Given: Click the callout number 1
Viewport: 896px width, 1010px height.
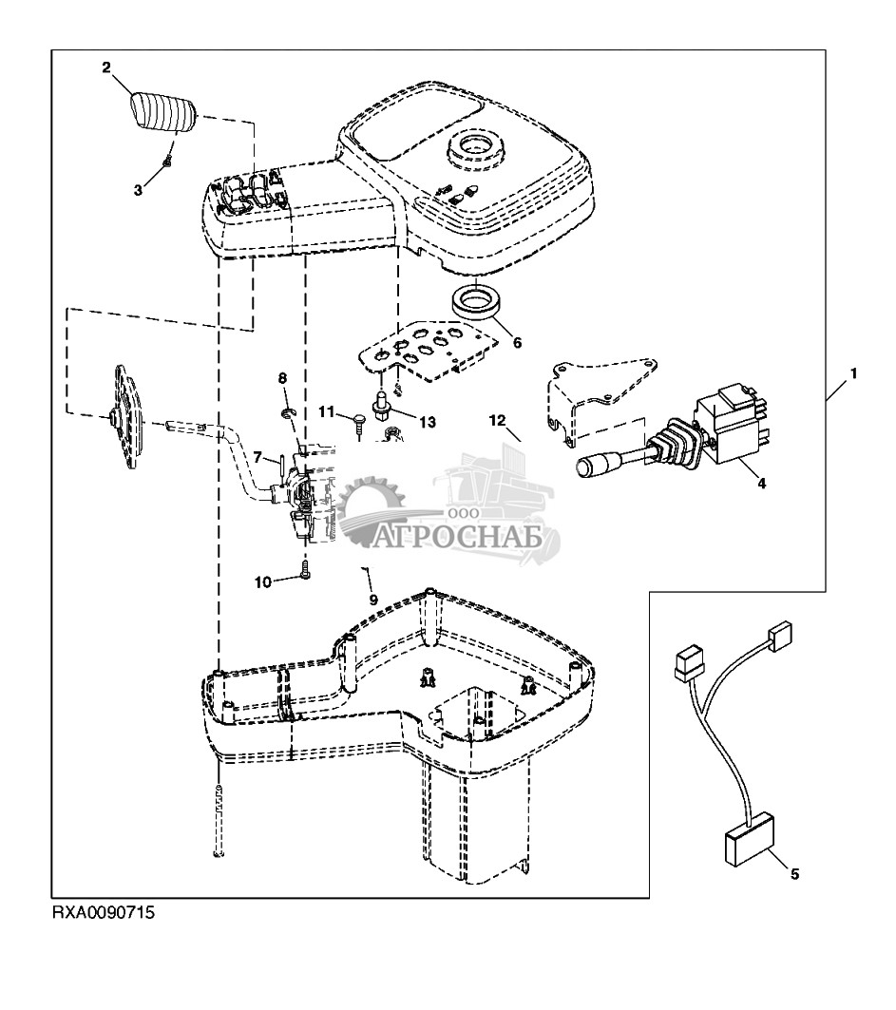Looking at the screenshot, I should (x=853, y=373).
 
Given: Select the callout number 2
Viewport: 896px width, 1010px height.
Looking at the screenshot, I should (x=106, y=67).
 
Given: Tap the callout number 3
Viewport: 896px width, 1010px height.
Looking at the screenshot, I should (x=139, y=190).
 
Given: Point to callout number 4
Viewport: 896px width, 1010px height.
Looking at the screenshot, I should (x=760, y=483).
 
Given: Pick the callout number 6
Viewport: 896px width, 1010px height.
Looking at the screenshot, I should (x=516, y=341).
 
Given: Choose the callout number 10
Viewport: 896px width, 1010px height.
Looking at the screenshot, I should (x=262, y=581).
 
